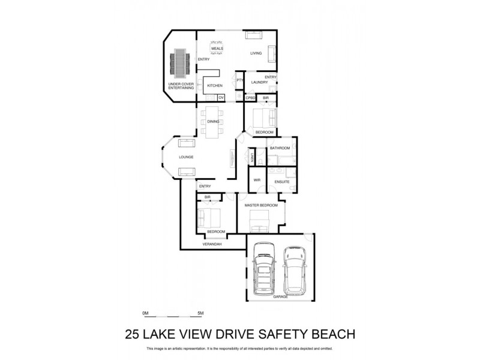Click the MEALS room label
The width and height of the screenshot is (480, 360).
click(x=217, y=48)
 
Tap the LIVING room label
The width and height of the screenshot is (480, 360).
click(x=256, y=53)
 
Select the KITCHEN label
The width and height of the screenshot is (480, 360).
click(x=215, y=86)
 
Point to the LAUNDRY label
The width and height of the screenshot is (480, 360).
click(x=259, y=82)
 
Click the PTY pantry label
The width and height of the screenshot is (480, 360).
click(x=239, y=80)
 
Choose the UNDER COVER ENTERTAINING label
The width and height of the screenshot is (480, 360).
click(x=181, y=86)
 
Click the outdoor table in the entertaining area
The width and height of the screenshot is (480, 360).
click(x=179, y=63)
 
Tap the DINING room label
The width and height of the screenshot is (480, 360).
click(x=213, y=122)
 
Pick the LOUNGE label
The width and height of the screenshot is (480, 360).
click(x=186, y=157)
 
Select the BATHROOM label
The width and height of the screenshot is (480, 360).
click(x=280, y=148)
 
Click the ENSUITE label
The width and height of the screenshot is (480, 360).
click(x=282, y=182)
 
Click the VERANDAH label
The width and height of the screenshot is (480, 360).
click(x=212, y=244)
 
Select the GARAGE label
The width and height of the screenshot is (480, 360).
click(x=280, y=296)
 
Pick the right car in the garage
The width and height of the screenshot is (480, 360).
click(x=294, y=270)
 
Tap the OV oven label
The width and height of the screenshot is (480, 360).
click(x=221, y=97)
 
